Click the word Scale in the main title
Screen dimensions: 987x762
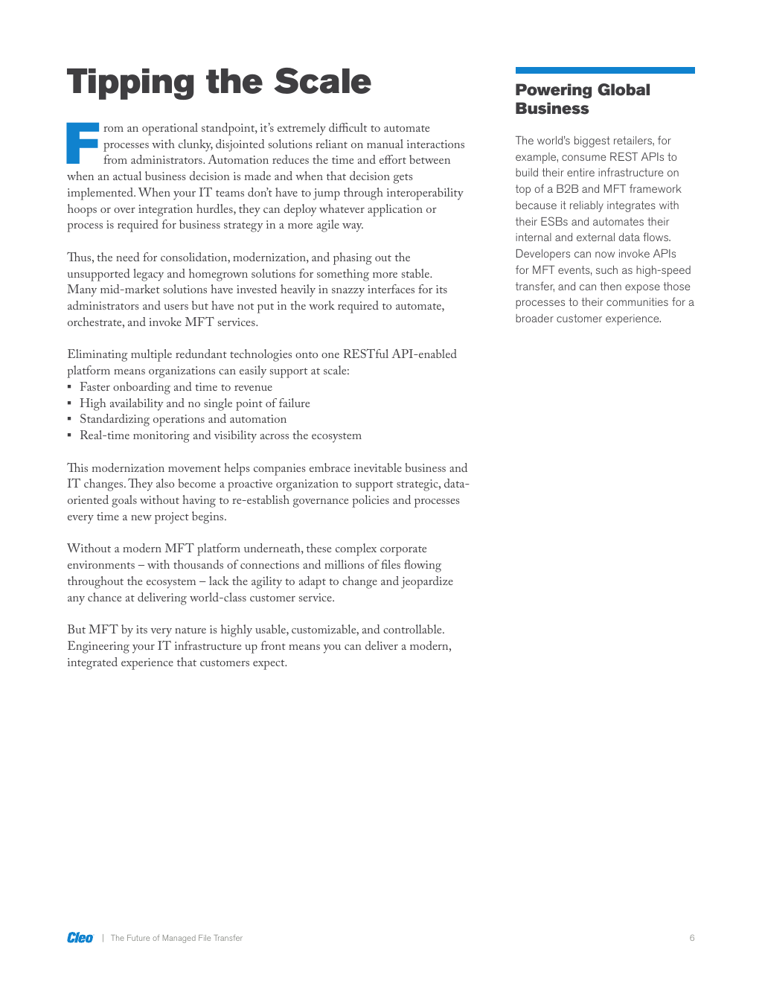(x=322, y=82)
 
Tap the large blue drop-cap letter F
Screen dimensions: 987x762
(x=83, y=143)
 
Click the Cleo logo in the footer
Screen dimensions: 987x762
(x=80, y=938)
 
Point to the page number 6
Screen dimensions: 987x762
(x=692, y=938)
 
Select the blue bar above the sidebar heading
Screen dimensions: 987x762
(x=605, y=71)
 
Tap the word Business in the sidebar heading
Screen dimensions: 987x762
(x=552, y=109)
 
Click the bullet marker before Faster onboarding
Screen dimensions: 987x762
(x=70, y=387)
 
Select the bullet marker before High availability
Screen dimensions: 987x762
(x=70, y=403)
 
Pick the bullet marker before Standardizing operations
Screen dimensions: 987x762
(x=70, y=420)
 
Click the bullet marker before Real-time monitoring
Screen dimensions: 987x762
(x=70, y=435)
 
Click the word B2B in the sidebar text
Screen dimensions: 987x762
(x=567, y=189)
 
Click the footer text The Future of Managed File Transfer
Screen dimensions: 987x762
(x=176, y=938)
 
